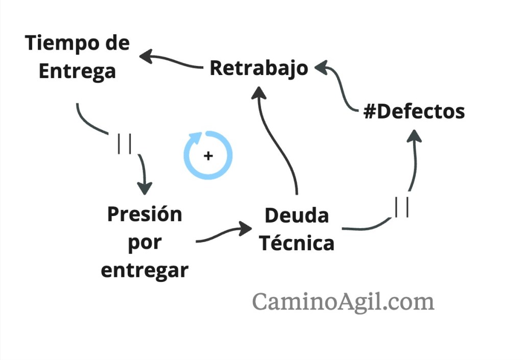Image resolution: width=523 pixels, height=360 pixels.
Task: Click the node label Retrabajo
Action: [x=259, y=68]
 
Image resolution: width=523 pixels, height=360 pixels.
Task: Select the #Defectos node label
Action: [x=414, y=111]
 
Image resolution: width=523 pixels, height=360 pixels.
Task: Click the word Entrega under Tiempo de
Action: [x=77, y=71]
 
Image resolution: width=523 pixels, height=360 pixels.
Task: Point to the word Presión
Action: [x=145, y=214]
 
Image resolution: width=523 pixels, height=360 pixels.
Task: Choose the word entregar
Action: [x=145, y=270]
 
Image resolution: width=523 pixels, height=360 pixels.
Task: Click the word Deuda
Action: [x=296, y=215]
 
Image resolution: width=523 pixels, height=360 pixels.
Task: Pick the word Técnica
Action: [x=296, y=243]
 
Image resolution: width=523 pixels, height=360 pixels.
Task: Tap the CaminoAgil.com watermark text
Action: [x=343, y=301]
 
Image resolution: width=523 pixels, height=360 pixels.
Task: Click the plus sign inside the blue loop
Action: [x=208, y=155]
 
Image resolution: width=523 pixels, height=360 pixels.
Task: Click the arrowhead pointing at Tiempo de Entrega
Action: [x=147, y=56]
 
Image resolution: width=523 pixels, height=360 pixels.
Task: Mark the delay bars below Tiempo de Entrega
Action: [x=124, y=143]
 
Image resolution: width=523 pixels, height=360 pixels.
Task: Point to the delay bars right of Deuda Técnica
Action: [x=401, y=207]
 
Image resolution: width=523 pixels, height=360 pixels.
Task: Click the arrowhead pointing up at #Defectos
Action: [x=416, y=135]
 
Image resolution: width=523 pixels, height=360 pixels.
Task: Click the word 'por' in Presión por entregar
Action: [x=145, y=242]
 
